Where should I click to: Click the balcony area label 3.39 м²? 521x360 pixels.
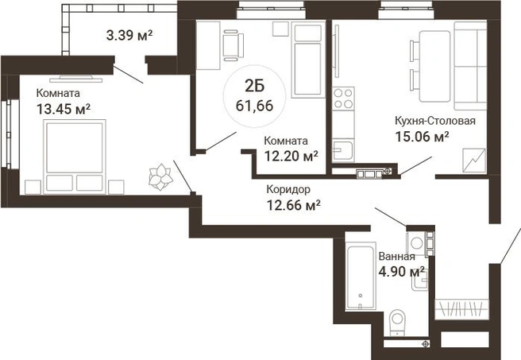pyautogui.click(x=129, y=35)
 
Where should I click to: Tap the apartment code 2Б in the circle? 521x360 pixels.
pyautogui.click(x=254, y=87)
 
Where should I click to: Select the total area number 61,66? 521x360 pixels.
pyautogui.click(x=254, y=106)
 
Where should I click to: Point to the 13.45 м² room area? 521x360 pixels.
pyautogui.click(x=64, y=109)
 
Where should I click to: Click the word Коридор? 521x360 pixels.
pyautogui.click(x=288, y=189)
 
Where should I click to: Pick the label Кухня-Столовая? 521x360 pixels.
pyautogui.click(x=435, y=120)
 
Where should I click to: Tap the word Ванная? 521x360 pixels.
pyautogui.click(x=397, y=256)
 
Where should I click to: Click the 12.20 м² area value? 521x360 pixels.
pyautogui.click(x=291, y=156)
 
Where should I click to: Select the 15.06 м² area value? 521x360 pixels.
pyautogui.click(x=422, y=136)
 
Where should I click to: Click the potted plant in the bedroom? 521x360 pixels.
pyautogui.click(x=160, y=176)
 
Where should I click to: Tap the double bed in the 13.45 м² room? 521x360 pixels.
pyautogui.click(x=75, y=157)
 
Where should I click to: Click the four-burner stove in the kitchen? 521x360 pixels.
pyautogui.click(x=343, y=99)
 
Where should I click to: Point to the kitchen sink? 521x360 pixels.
pyautogui.click(x=342, y=150)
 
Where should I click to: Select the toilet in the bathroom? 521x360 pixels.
pyautogui.click(x=397, y=323)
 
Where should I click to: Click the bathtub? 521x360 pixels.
pyautogui.click(x=361, y=276)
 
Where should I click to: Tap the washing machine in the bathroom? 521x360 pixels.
pyautogui.click(x=416, y=242)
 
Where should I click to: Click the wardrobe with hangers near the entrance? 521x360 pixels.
pyautogui.click(x=462, y=309)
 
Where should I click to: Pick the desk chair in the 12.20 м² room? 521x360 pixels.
pyautogui.click(x=233, y=45)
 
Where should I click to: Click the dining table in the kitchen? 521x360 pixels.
pyautogui.click(x=435, y=66)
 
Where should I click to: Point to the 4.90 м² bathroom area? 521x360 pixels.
pyautogui.click(x=402, y=272)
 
